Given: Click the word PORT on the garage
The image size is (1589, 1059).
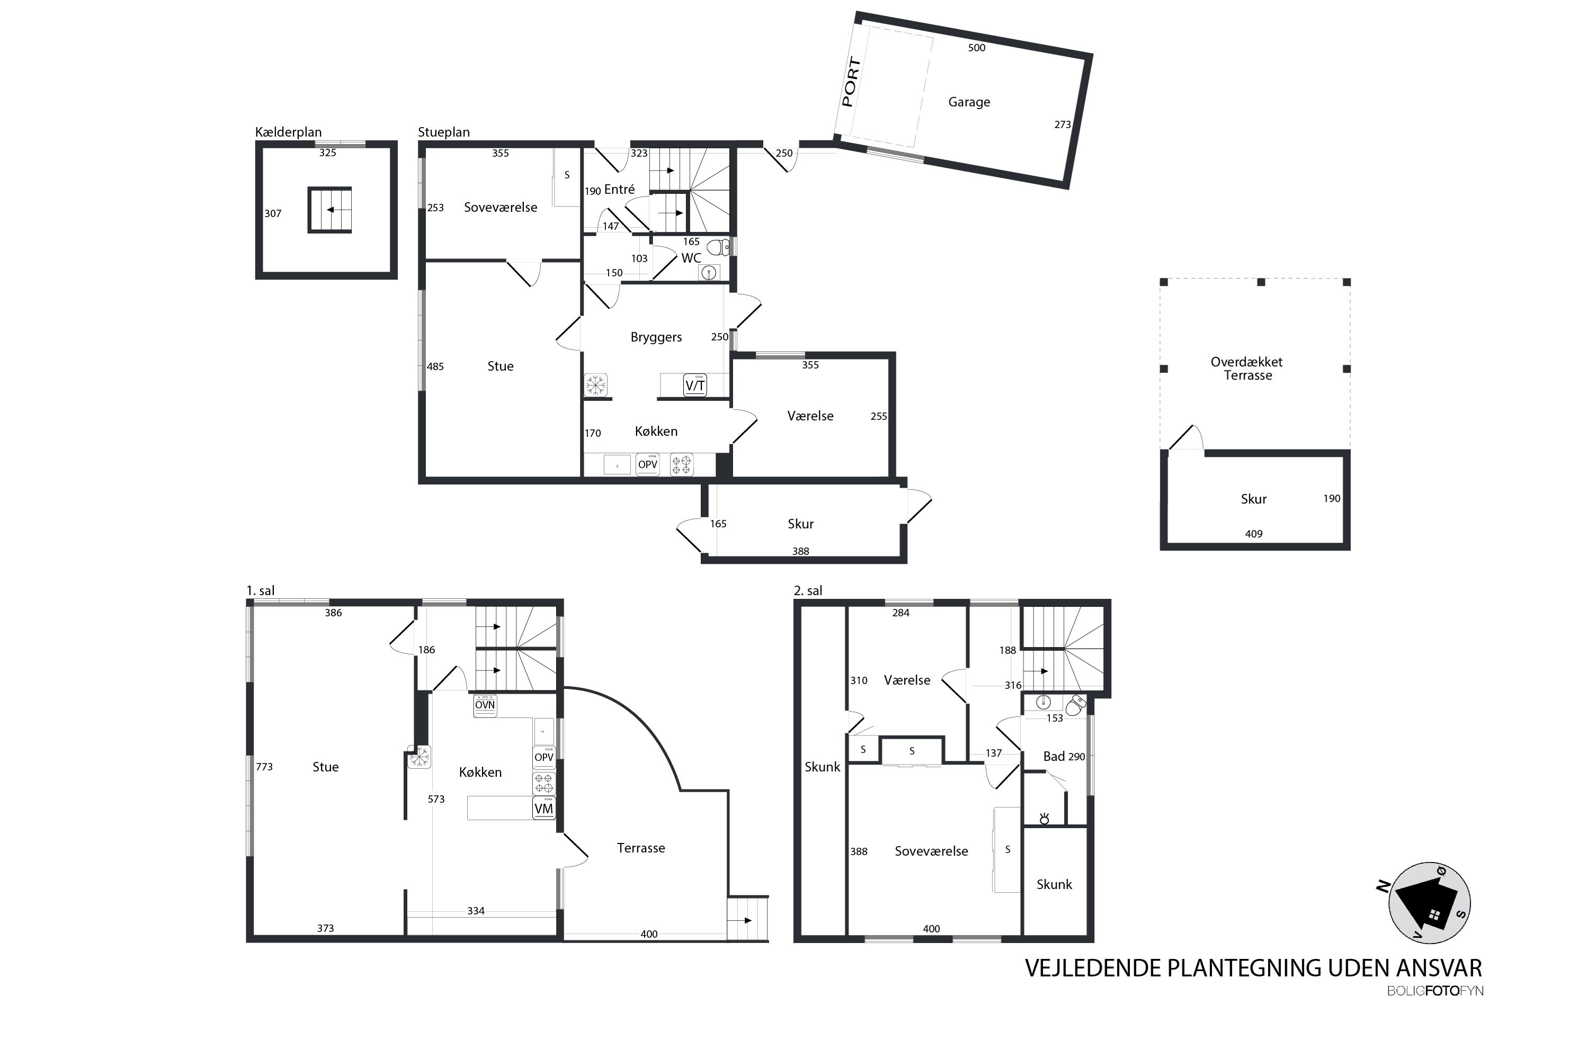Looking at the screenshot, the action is click(x=851, y=83).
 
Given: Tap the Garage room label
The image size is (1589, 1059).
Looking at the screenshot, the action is click(x=969, y=102).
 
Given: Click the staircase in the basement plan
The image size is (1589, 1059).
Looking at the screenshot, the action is click(x=329, y=210).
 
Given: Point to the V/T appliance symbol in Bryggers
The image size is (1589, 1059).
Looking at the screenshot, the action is click(x=695, y=385).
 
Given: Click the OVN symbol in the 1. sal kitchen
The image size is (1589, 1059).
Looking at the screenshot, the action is click(x=485, y=705).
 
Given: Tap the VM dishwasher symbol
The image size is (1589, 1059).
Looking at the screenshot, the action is click(x=544, y=809).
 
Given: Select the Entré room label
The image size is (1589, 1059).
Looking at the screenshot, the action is click(x=620, y=190).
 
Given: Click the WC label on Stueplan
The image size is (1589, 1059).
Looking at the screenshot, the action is click(x=691, y=258).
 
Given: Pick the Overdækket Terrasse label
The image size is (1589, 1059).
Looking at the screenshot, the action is click(x=1246, y=368).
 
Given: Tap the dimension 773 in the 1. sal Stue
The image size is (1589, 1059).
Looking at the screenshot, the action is click(x=264, y=767).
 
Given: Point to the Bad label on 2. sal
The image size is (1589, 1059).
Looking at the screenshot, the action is click(x=1054, y=757).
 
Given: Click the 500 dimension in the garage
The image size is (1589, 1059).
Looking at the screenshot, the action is click(x=976, y=48).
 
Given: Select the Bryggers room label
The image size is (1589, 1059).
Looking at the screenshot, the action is click(x=656, y=337).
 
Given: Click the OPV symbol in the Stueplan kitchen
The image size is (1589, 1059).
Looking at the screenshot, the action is click(x=648, y=465).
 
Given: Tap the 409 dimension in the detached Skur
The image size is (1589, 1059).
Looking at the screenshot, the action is click(x=1254, y=534).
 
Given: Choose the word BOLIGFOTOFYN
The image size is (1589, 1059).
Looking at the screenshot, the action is click(x=1435, y=991).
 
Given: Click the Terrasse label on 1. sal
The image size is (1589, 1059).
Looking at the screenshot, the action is click(x=641, y=848).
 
